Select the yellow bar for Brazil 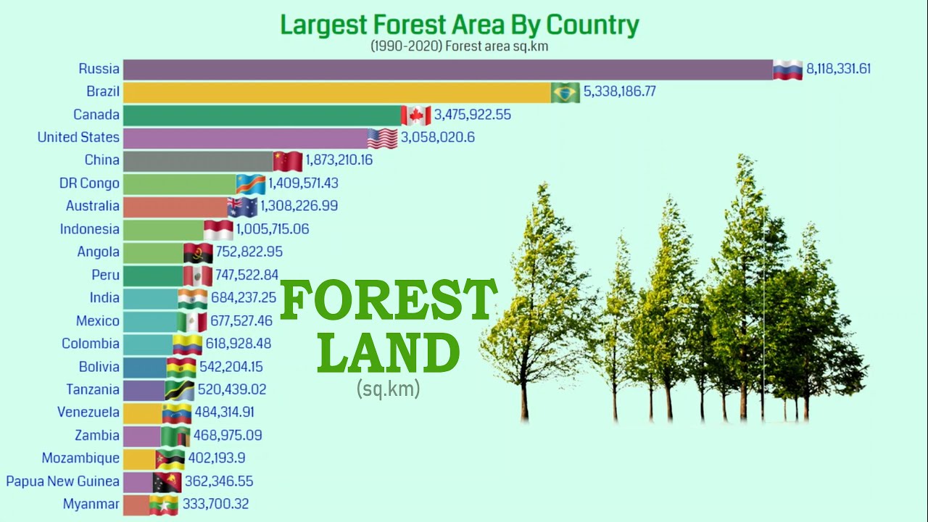click(337, 92)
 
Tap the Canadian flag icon click(416, 115)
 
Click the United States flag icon click(382, 138)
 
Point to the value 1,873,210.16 click(339, 160)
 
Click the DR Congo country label click(89, 183)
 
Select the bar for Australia click(175, 207)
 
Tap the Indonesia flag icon click(218, 230)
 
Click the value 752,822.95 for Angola click(249, 252)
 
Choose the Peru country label click(106, 275)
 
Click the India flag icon click(193, 298)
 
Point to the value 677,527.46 click(241, 321)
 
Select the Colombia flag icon click(187, 344)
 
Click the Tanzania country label click(93, 390)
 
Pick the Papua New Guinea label click(62, 481)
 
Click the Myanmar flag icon click(163, 505)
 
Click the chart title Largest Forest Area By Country click(460, 25)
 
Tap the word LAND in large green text click(389, 354)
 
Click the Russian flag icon click(787, 70)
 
